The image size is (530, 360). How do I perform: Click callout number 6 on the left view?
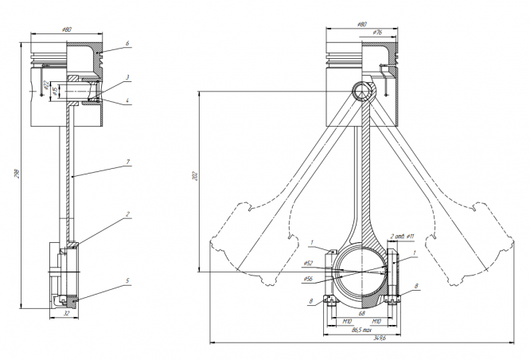[127, 43]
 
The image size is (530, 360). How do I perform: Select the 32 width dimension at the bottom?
[67, 314]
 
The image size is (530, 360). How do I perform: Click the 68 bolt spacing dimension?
[364, 313]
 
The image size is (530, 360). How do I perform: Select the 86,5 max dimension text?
[364, 327]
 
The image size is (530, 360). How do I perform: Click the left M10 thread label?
[347, 320]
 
